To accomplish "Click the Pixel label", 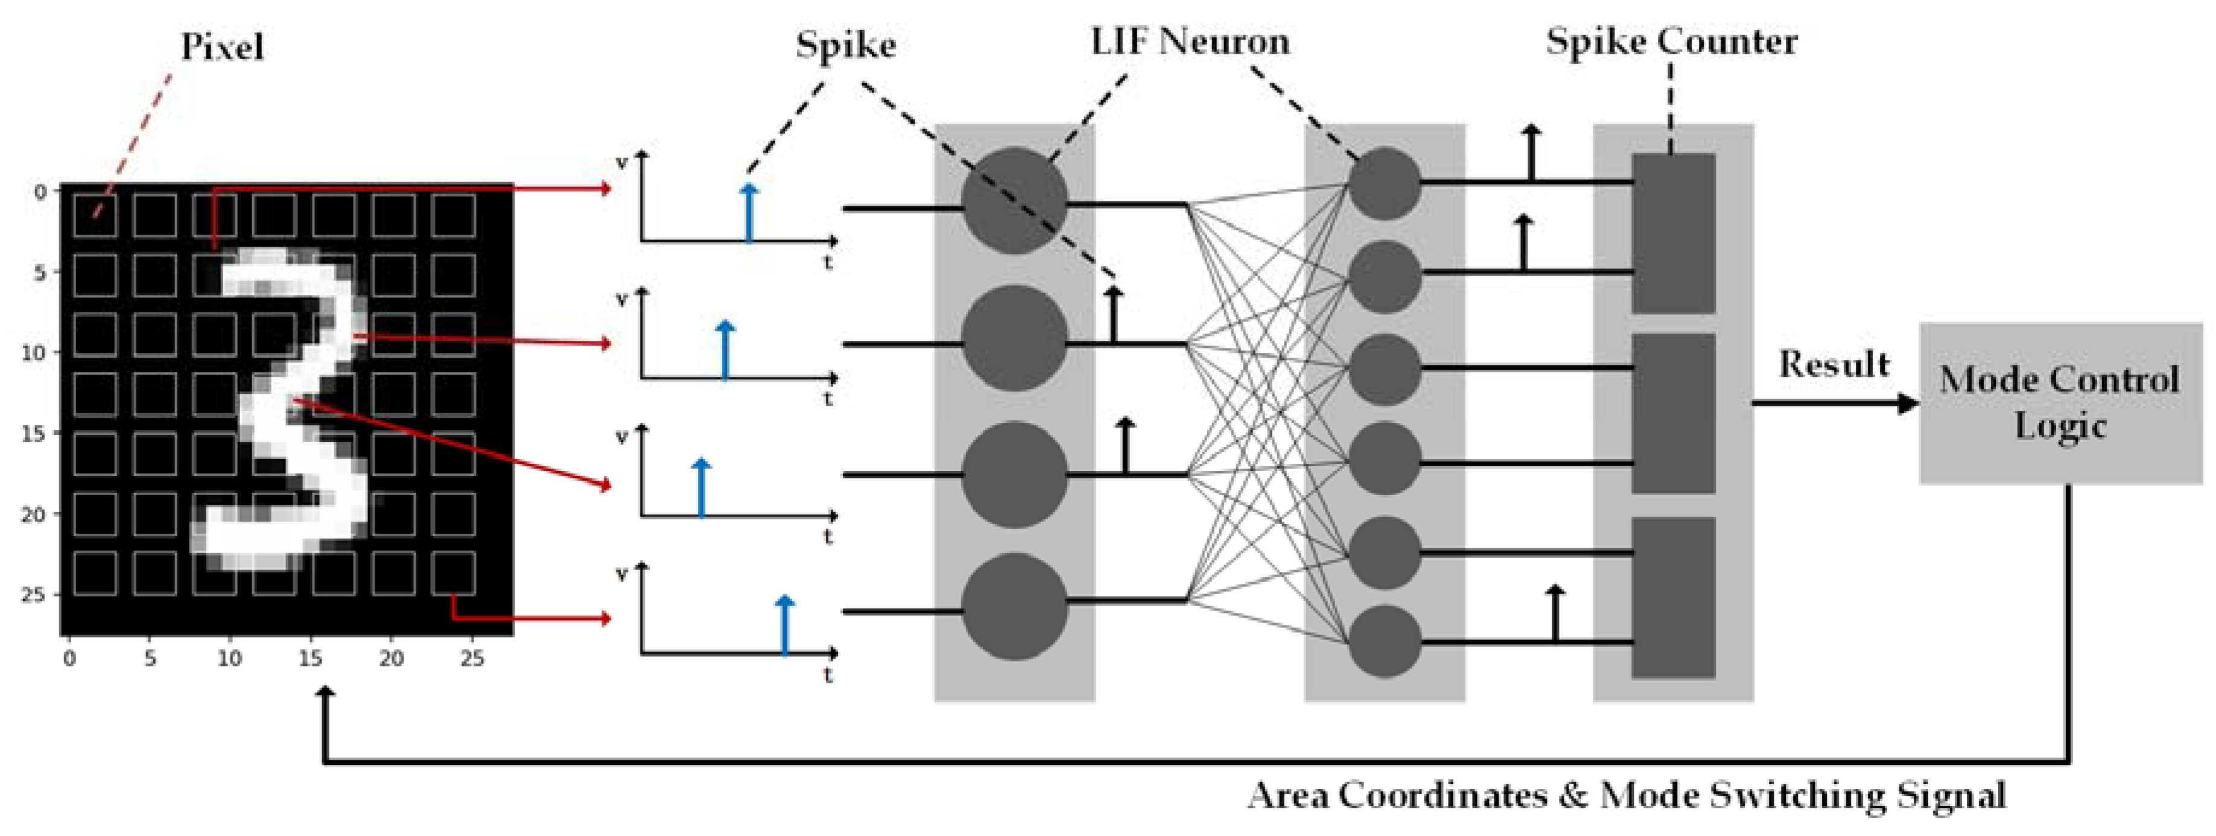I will point(222,46).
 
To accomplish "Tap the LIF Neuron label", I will point(1190,41).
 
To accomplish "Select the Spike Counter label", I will point(1671,41).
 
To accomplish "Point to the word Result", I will point(1833,365).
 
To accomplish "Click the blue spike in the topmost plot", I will point(749,212).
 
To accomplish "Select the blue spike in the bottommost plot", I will point(784,625).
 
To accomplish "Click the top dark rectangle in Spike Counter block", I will point(1673,233).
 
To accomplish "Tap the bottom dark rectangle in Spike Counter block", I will point(1673,597).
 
